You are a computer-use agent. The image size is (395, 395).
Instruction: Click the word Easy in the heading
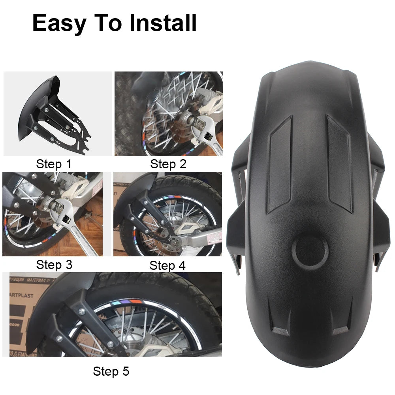[x=58, y=23]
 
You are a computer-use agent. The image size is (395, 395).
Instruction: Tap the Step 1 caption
[x=54, y=164]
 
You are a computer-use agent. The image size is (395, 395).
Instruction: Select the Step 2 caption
[x=168, y=164]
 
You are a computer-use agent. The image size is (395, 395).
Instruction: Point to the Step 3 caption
[x=54, y=265]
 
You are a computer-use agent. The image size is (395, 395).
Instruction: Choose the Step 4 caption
[x=167, y=265]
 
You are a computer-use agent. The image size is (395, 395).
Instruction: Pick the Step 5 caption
[x=111, y=371]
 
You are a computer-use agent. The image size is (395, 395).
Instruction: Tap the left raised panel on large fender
[x=280, y=164]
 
